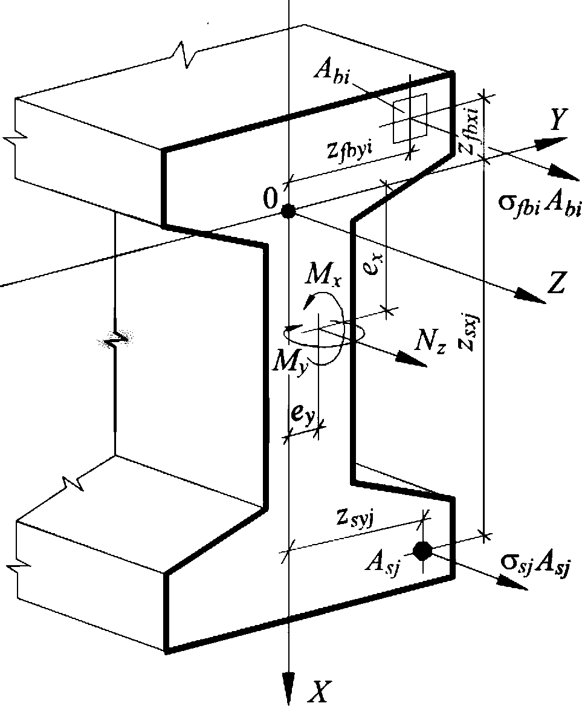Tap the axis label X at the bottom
point(318,692)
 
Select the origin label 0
point(270,199)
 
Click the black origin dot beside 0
point(288,211)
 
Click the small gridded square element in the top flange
point(410,118)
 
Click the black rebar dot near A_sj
point(422,551)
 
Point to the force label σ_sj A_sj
point(535,563)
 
